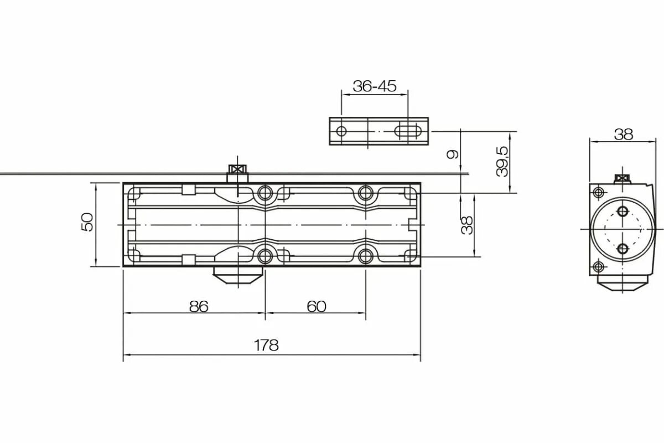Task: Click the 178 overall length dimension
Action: (x=266, y=345)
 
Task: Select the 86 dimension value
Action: (x=199, y=306)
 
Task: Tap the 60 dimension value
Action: (x=317, y=306)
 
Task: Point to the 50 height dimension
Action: (x=87, y=221)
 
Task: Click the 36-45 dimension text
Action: (x=375, y=86)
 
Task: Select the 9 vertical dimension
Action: (x=453, y=154)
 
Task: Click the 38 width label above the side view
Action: (x=624, y=134)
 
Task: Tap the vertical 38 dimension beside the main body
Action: (x=467, y=225)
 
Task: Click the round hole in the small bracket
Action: (x=341, y=131)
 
